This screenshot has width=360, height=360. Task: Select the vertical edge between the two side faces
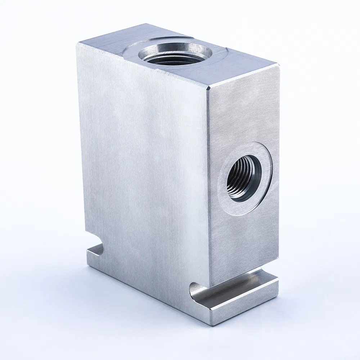210,180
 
